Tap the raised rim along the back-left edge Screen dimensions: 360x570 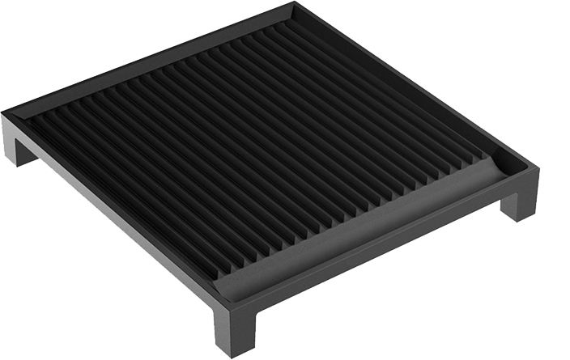tap(146, 57)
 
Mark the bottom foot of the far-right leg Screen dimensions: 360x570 tap(518, 217)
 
